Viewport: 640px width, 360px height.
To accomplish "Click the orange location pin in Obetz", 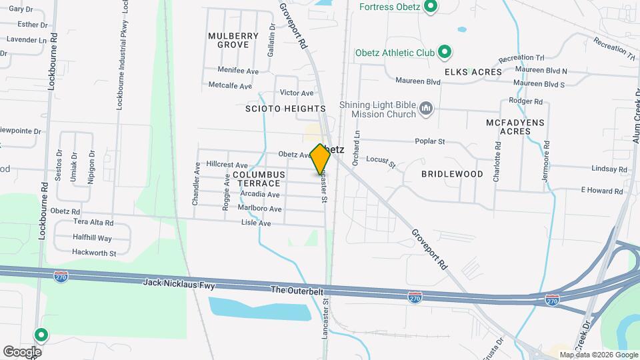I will [x=321, y=159].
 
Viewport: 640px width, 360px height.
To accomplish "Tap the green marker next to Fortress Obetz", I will [x=431, y=8].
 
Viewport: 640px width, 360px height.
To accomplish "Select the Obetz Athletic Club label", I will [x=396, y=52].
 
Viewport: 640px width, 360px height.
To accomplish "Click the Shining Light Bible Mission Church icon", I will [x=427, y=108].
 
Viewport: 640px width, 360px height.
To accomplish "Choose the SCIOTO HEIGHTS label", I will [x=285, y=108].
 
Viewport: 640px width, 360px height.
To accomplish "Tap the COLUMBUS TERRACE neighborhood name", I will [x=259, y=179].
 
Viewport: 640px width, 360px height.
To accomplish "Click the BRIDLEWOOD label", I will [x=452, y=174].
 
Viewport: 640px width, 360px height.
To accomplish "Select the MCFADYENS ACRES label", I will [x=515, y=127].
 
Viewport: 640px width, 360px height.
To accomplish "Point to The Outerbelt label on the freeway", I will [x=296, y=290].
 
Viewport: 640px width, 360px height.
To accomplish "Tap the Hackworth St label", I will [x=94, y=253].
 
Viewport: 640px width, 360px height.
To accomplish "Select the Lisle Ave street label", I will [x=256, y=223].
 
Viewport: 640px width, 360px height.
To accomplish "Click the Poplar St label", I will [x=430, y=141].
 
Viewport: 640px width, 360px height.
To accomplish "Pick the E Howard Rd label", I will [x=601, y=191].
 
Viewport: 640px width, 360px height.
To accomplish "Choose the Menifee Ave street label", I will [x=239, y=70].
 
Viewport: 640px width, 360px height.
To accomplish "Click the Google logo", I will [x=22, y=352].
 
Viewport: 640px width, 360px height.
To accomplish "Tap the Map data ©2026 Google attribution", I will [x=598, y=355].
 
